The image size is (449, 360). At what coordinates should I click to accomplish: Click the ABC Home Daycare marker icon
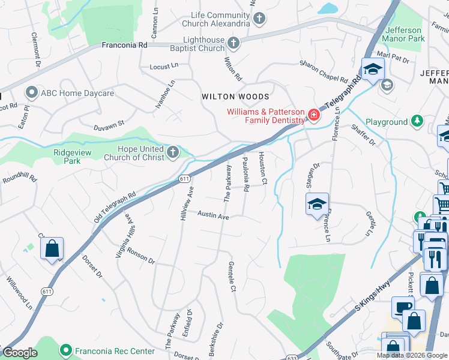tap(31, 93)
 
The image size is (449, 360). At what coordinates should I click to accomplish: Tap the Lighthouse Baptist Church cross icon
tap(233, 43)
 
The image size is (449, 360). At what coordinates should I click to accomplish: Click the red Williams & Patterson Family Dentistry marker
tap(313, 115)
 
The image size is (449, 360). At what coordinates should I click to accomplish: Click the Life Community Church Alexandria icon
tap(259, 19)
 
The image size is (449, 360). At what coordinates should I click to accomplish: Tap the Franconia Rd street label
tap(124, 45)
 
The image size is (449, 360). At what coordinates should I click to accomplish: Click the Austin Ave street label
tap(214, 215)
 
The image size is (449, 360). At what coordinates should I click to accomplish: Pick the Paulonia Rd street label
tap(246, 176)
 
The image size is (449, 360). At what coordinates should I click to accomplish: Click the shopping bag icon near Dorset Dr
tap(52, 248)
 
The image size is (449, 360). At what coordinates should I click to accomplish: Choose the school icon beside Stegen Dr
tap(317, 205)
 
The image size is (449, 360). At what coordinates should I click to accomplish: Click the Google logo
tap(20, 353)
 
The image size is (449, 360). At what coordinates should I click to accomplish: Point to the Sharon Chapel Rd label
tap(324, 71)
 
